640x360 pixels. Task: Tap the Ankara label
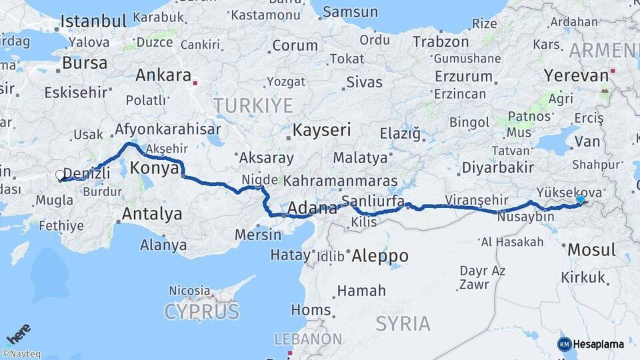coord(163,75)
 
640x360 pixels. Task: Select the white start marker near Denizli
coord(60,176)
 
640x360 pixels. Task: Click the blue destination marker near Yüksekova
coord(581,199)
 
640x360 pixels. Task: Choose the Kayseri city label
coord(322,129)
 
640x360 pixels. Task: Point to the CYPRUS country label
coord(201,311)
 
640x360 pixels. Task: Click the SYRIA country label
coord(403,324)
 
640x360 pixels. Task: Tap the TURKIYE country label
coord(253,105)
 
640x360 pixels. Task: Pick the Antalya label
coord(152,214)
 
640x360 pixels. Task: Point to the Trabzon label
coord(441,41)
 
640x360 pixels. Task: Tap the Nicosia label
coord(189,291)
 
